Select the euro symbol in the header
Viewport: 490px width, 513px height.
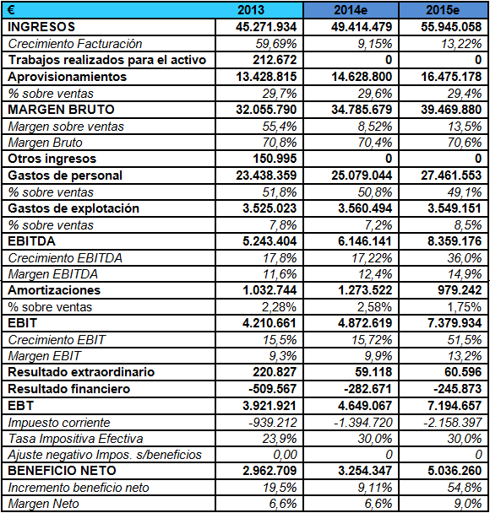pos(10,9)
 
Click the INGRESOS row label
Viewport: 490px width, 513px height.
pos(41,27)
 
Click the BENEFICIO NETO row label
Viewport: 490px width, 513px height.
pos(62,471)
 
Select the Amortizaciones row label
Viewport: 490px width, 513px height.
pos(54,290)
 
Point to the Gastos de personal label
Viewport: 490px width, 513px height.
pos(65,175)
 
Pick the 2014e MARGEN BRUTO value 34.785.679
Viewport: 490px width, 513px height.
pos(362,109)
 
